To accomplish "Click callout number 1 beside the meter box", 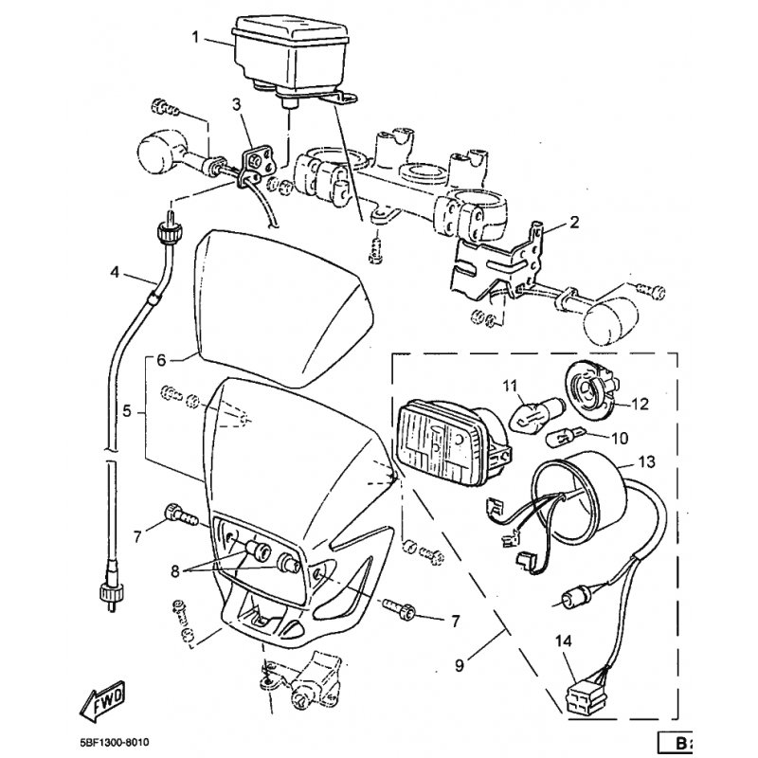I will pyautogui.click(x=196, y=38).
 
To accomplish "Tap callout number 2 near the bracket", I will pyautogui.click(x=574, y=225).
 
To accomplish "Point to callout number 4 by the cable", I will pyautogui.click(x=116, y=273).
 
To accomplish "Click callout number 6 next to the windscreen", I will pyautogui.click(x=161, y=360).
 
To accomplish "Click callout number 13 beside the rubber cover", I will pyautogui.click(x=646, y=461).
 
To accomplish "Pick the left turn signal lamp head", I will pyautogui.click(x=163, y=152).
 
